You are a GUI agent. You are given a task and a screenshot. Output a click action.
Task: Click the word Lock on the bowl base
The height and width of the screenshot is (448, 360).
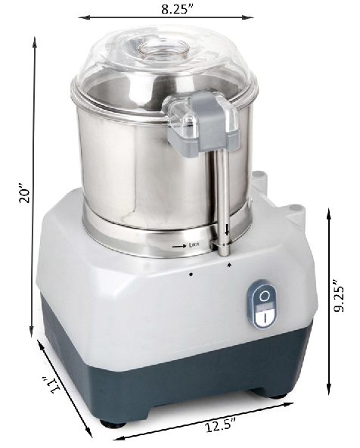tap(194, 244)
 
